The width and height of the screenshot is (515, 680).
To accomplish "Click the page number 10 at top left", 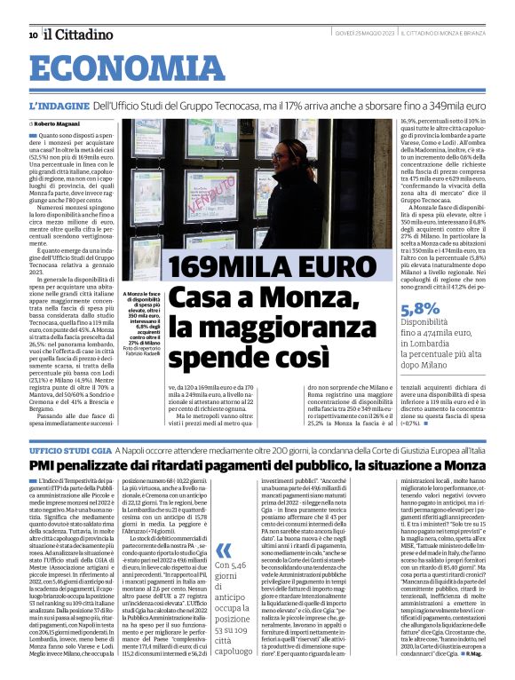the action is click(x=33, y=36).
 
